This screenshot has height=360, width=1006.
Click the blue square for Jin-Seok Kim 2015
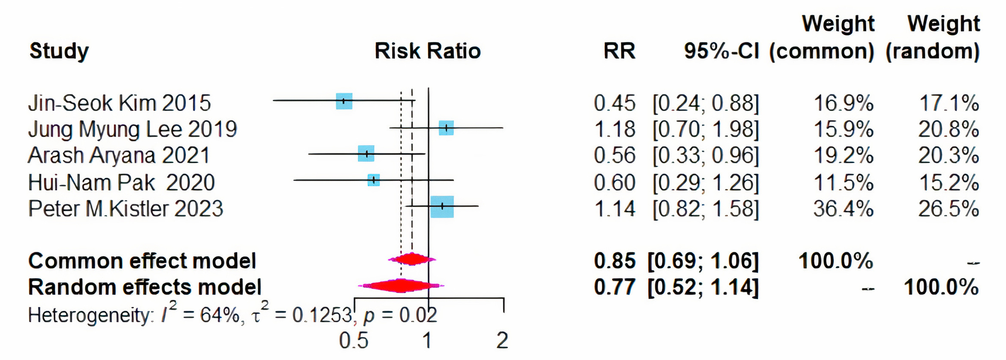344,101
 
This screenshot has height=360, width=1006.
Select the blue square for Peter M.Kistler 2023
442,206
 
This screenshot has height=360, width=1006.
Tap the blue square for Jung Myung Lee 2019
446,128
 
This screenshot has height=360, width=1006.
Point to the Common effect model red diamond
412,259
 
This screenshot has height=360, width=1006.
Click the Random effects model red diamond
401,285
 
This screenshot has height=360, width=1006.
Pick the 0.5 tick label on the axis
354,340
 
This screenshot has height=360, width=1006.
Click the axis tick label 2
502,340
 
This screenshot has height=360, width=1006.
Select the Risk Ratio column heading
427,51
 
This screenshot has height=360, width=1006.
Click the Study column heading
59,51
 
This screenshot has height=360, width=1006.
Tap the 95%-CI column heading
721,51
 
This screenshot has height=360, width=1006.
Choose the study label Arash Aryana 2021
119,155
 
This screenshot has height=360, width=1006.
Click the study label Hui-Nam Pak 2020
121,183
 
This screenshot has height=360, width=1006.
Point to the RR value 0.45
614,103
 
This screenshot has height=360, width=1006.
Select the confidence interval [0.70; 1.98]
706,129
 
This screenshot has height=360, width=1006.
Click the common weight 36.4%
843,209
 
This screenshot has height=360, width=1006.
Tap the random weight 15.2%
948,183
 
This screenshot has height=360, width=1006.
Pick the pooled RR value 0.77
614,287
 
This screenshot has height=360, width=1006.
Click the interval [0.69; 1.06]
703,261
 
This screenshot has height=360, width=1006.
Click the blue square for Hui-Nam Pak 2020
373,180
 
